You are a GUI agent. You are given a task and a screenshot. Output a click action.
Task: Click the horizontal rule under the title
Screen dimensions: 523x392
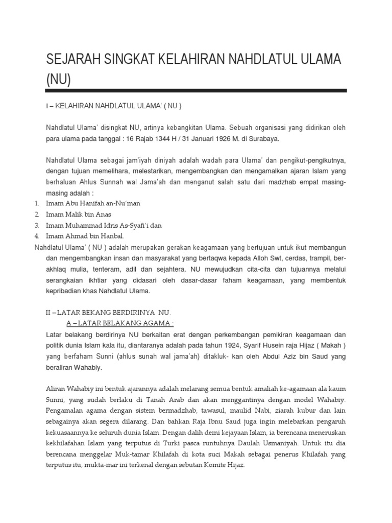click(x=196, y=90)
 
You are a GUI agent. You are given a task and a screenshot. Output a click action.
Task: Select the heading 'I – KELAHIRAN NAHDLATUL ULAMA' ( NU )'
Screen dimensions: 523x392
click(x=113, y=106)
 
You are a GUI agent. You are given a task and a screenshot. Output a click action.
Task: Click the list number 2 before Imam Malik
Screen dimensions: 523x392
click(x=37, y=215)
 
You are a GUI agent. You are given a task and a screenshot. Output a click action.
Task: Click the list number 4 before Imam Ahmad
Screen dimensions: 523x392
click(x=37, y=236)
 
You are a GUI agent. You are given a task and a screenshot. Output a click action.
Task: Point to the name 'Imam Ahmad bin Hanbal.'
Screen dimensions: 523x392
click(x=85, y=236)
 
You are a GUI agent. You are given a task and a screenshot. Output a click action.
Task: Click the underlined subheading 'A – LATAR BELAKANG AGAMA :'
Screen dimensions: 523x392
click(x=120, y=323)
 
